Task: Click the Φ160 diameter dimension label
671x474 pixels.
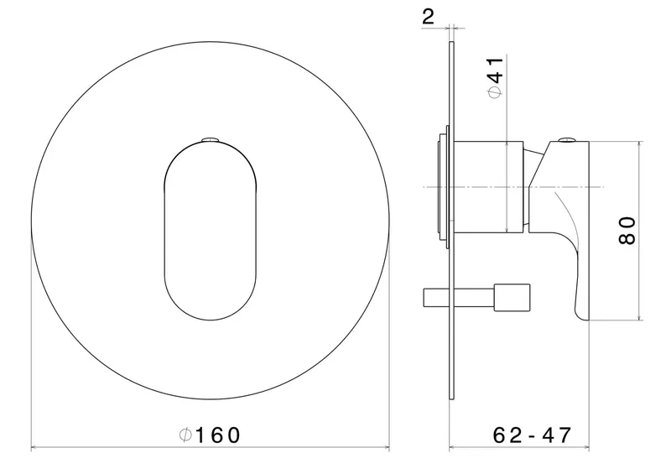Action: (x=209, y=435)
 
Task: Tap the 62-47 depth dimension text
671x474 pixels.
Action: (x=532, y=435)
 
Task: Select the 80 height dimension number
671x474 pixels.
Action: (x=627, y=231)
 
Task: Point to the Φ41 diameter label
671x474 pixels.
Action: (x=496, y=77)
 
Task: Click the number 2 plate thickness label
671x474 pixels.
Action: (x=428, y=17)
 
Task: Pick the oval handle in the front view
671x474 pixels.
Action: (x=211, y=231)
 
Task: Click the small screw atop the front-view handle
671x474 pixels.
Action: (x=211, y=139)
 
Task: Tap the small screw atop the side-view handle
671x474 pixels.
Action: (x=568, y=139)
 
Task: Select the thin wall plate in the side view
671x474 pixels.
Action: (x=451, y=221)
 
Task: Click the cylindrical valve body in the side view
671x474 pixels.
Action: (x=489, y=187)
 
